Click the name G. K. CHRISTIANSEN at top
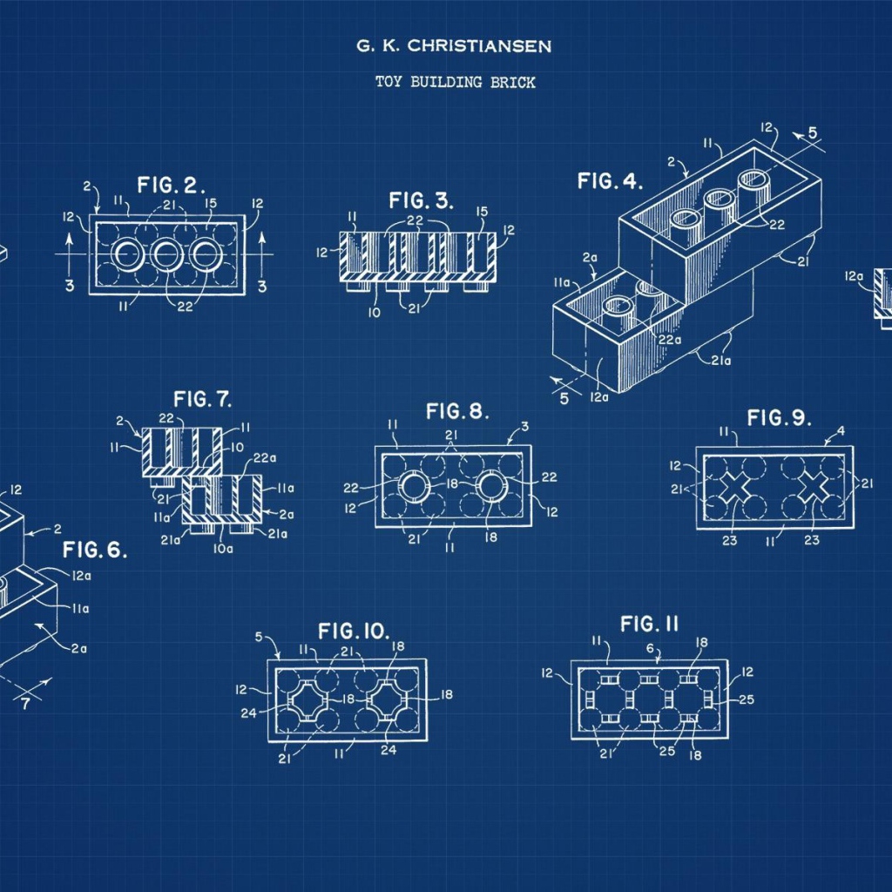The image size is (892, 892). point(453,45)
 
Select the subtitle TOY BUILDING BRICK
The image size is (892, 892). point(455,82)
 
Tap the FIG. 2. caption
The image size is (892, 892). point(171,185)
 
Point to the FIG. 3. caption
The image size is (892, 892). point(421,200)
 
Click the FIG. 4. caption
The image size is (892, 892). point(610,181)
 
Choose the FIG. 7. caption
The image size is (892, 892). point(202,399)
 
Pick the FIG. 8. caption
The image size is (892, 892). point(457,411)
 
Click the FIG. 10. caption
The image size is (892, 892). point(354,631)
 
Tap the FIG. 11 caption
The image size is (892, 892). point(649,624)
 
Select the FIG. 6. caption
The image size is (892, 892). point(94,550)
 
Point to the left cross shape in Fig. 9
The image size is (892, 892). point(734,487)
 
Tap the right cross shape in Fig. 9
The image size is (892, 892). point(814,488)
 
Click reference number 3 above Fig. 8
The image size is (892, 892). point(524,426)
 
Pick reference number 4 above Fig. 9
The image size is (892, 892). point(841,430)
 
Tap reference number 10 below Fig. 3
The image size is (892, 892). point(374,313)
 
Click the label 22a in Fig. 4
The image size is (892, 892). point(670,340)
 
